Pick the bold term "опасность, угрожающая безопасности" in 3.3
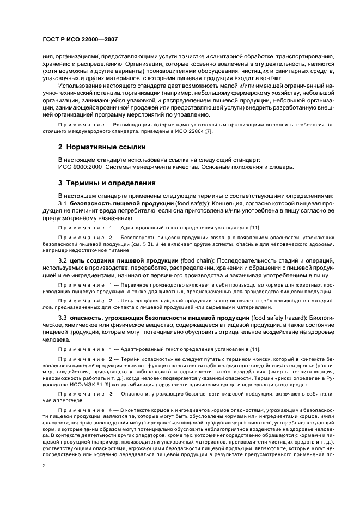pos(133,318)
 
